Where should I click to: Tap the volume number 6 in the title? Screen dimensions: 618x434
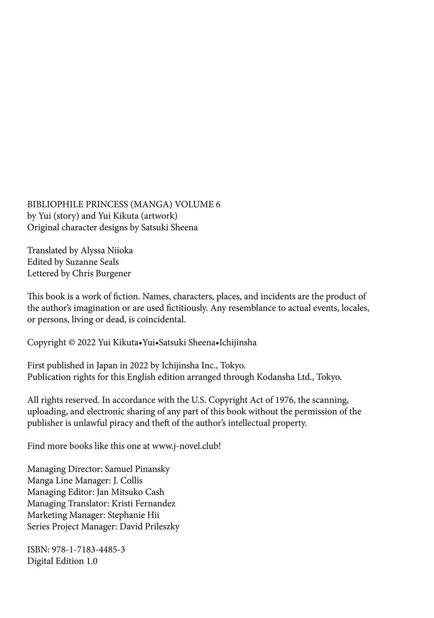pyautogui.click(x=218, y=205)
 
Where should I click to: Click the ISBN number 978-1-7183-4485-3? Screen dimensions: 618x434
pyautogui.click(x=88, y=549)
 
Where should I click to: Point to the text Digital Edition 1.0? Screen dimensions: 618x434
pyautogui.click(x=62, y=561)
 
